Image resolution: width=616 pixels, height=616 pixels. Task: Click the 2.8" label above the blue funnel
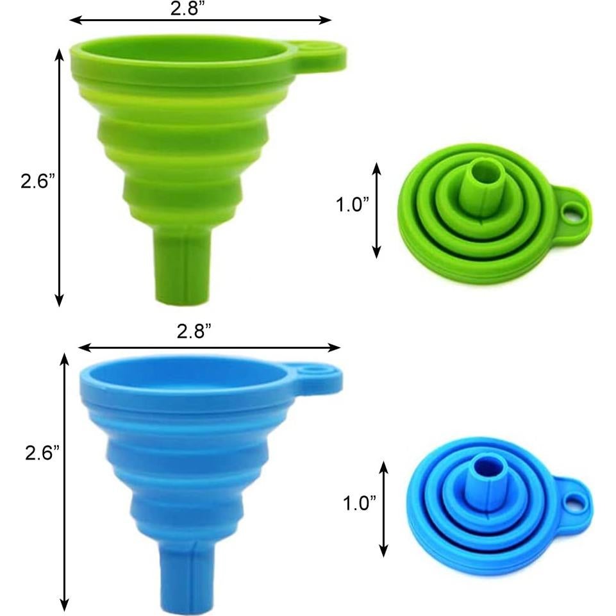coord(194,331)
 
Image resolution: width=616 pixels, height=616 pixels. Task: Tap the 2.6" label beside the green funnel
coord(38,181)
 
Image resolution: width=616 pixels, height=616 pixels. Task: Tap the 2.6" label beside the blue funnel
coord(42,453)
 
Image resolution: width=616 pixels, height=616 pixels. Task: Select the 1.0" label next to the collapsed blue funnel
coord(360,503)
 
